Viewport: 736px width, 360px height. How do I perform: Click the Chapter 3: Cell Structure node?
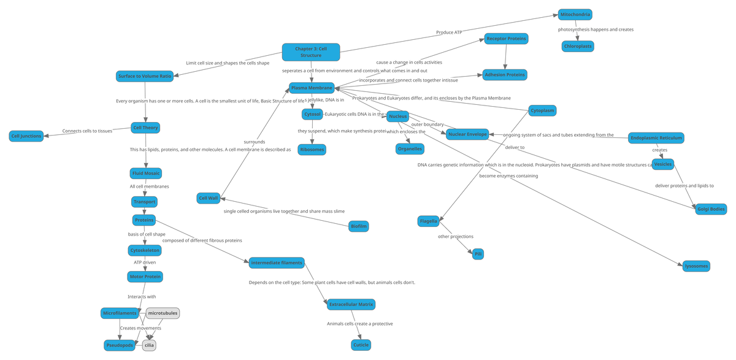click(x=310, y=52)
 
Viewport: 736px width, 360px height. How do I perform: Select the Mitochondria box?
click(x=575, y=15)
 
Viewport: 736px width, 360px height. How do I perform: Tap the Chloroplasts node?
click(x=578, y=46)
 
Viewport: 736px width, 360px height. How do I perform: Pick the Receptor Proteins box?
click(x=505, y=39)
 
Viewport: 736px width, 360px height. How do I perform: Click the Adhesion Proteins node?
click(x=505, y=75)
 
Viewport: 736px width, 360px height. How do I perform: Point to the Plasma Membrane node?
click(x=312, y=88)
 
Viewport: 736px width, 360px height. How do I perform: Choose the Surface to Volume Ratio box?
click(x=144, y=77)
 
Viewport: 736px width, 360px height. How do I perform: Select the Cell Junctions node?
click(x=26, y=136)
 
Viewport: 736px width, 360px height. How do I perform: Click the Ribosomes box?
click(x=312, y=149)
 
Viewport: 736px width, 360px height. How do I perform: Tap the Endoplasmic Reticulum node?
click(x=656, y=138)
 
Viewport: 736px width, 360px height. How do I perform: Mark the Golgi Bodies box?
click(x=711, y=209)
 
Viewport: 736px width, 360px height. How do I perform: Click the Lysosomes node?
click(x=696, y=266)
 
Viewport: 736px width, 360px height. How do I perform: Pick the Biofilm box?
click(x=359, y=226)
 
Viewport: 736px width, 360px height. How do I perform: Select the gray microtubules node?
click(x=163, y=313)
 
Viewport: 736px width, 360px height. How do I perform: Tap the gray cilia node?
click(x=149, y=345)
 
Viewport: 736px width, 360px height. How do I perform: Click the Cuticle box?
click(x=361, y=345)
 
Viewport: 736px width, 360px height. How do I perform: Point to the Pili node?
click(x=478, y=254)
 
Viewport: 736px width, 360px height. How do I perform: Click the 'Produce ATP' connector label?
click(x=449, y=32)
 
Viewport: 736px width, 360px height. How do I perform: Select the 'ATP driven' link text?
click(x=145, y=262)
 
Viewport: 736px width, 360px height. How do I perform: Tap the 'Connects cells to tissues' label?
click(x=88, y=131)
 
